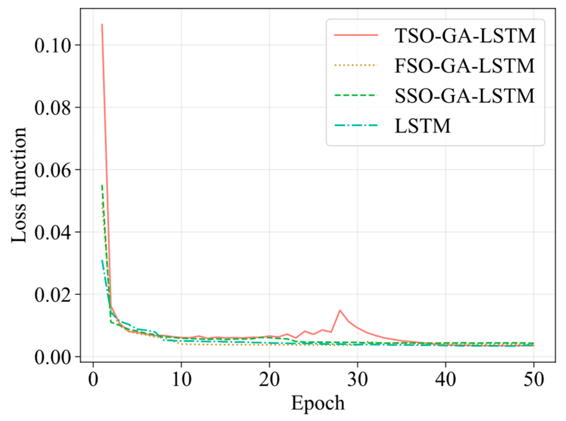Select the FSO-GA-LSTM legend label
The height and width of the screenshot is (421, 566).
pos(465,66)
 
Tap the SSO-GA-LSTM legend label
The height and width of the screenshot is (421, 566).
pos(465,96)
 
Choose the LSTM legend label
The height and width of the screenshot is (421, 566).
pos(423,126)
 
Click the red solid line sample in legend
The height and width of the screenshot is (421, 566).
pos(356,35)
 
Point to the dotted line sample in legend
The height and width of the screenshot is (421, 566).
pos(356,65)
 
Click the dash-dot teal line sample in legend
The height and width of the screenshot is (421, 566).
pos(356,125)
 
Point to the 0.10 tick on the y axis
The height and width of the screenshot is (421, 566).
pos(53,46)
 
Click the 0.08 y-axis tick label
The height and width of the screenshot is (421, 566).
pos(53,108)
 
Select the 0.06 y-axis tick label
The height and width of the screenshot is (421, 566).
pos(53,170)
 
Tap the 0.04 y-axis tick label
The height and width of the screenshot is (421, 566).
pos(53,232)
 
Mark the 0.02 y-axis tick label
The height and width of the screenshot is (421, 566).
pos(53,295)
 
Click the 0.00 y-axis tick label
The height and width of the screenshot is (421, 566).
pos(53,357)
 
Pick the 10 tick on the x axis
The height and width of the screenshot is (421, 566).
pos(182,380)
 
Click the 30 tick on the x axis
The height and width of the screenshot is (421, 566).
pos(358,380)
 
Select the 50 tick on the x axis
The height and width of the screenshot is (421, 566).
pos(534,380)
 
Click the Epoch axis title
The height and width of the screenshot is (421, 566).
pos(318,403)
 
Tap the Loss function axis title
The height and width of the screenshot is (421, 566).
pos(19,185)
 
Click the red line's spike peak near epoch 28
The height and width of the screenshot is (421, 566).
pos(340,310)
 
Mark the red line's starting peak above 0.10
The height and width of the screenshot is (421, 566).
pos(102,24)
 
